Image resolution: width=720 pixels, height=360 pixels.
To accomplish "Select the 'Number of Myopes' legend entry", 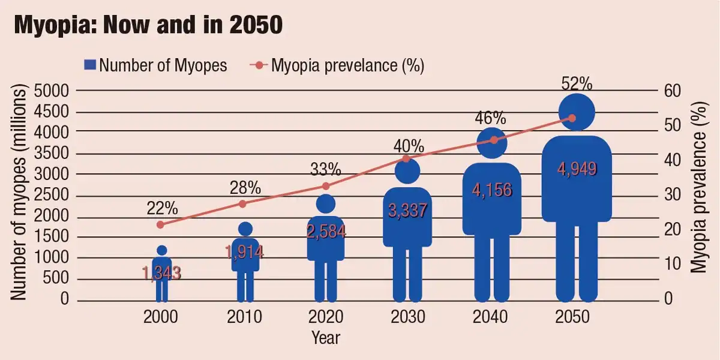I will click(157, 65).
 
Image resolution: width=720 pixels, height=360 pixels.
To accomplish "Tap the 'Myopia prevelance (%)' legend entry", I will click(340, 65).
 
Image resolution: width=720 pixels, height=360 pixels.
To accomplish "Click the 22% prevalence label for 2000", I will click(162, 208).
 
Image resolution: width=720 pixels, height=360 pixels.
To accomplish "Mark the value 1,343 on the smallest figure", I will click(161, 274).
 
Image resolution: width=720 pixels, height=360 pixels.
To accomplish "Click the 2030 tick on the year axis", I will click(407, 317).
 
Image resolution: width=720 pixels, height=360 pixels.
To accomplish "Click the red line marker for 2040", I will click(494, 140).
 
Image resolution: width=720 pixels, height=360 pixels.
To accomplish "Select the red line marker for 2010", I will click(243, 204).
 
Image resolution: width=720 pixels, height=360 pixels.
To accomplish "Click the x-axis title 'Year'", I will click(326, 337).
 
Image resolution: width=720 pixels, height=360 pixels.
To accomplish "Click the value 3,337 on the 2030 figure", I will click(407, 211).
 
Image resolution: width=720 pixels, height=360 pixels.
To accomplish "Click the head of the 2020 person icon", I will click(326, 204).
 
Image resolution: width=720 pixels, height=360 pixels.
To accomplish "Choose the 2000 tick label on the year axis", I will click(161, 317).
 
